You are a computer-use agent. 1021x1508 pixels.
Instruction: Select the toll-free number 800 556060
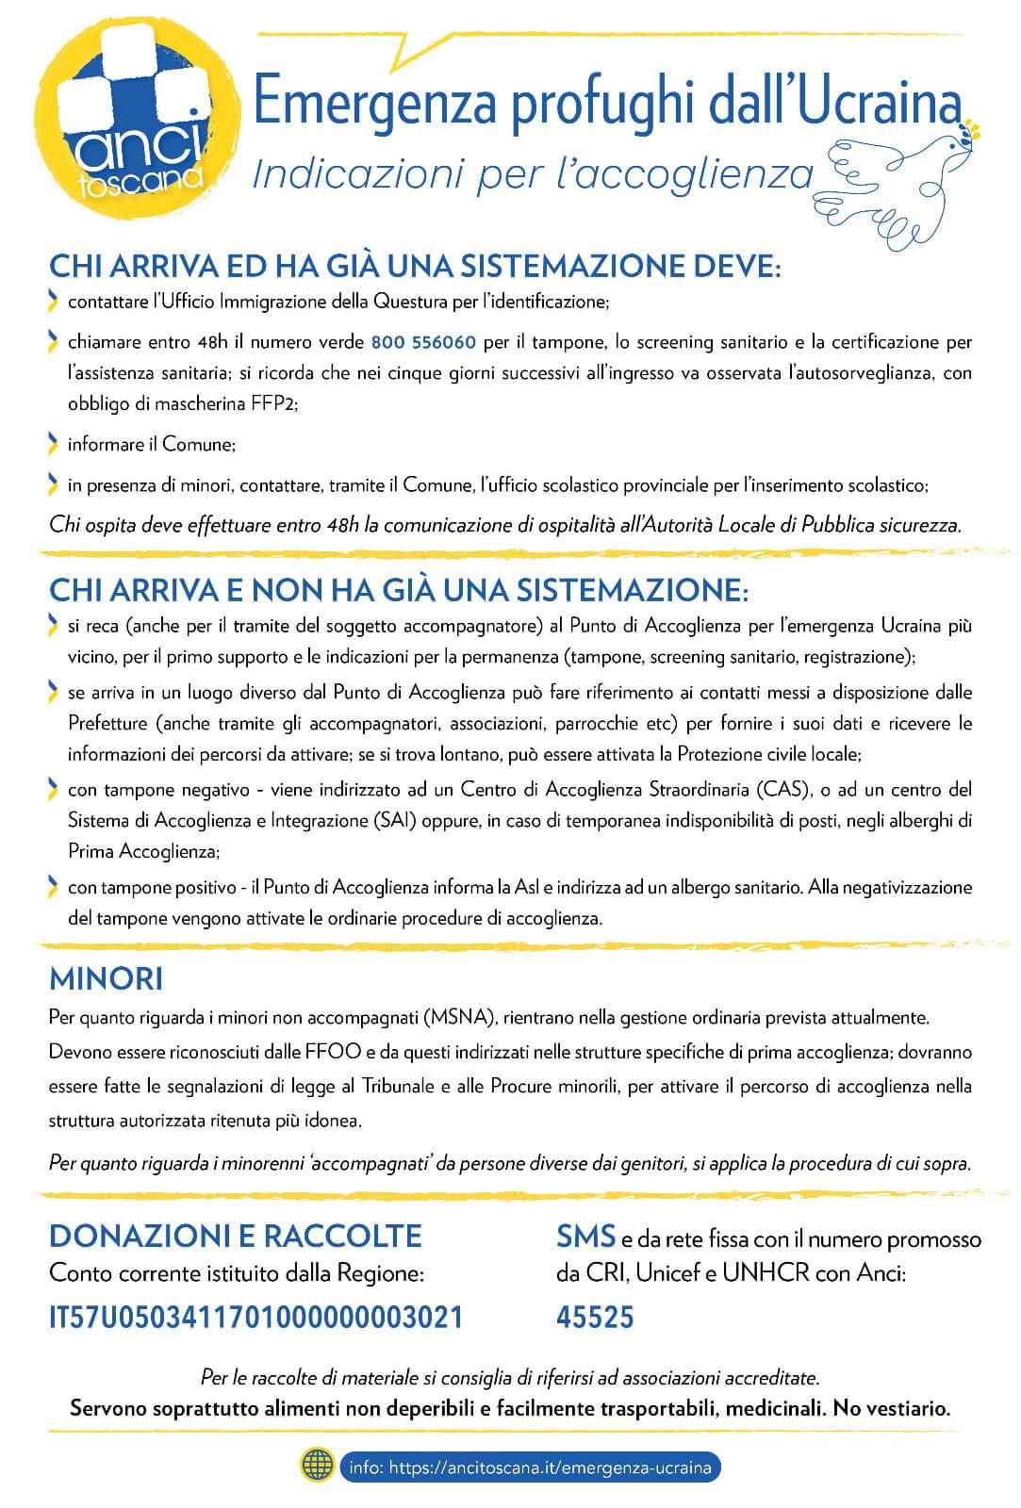pyautogui.click(x=423, y=341)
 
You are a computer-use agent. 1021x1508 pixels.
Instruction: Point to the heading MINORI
pyautogui.click(x=106, y=978)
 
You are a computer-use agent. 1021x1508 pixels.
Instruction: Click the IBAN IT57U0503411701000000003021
pyautogui.click(x=255, y=1317)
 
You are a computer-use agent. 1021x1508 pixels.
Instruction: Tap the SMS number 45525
pyautogui.click(x=595, y=1317)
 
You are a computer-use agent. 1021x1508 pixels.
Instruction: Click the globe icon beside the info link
pyautogui.click(x=317, y=1467)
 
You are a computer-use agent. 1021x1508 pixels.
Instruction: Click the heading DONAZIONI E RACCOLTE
pyautogui.click(x=235, y=1236)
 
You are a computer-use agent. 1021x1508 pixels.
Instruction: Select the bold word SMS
pyautogui.click(x=585, y=1236)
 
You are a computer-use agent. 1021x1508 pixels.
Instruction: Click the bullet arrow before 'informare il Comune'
pyautogui.click(x=53, y=443)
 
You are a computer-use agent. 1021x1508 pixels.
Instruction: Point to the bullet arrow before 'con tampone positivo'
pyautogui.click(x=53, y=887)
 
